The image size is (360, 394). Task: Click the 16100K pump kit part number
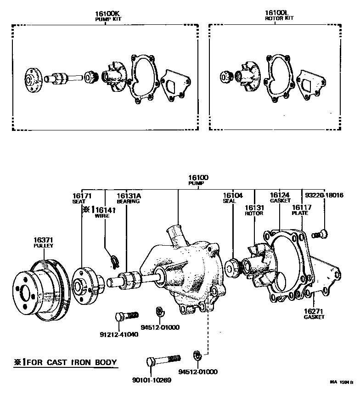107,14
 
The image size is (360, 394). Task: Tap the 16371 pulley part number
44,240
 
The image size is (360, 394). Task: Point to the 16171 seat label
82,198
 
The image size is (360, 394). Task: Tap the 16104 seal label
233,198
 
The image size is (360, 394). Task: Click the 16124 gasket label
280,197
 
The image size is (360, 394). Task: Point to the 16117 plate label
302,210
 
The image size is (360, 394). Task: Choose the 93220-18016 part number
324,195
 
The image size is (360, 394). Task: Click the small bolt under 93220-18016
320,235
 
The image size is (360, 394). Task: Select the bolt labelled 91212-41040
127,316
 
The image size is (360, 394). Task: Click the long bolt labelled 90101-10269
163,360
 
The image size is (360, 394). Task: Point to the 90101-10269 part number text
152,380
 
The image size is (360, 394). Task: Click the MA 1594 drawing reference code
342,382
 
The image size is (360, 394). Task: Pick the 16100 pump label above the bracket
198,180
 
